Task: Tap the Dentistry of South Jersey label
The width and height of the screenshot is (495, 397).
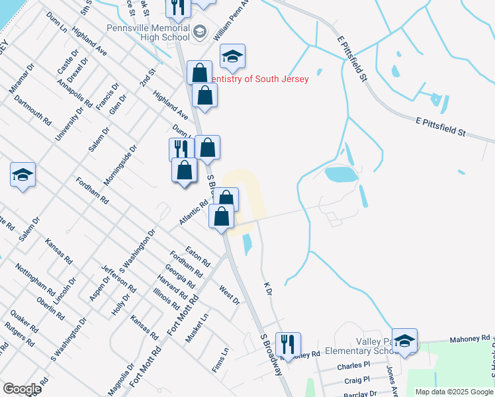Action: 260,79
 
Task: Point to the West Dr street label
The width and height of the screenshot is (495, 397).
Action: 229,295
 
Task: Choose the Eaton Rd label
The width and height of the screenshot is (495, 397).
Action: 197,255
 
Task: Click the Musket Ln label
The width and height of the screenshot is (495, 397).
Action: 197,328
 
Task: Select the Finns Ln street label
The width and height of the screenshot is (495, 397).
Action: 222,360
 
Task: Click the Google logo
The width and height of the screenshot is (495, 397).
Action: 22,389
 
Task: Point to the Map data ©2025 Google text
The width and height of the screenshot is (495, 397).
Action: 453,392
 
